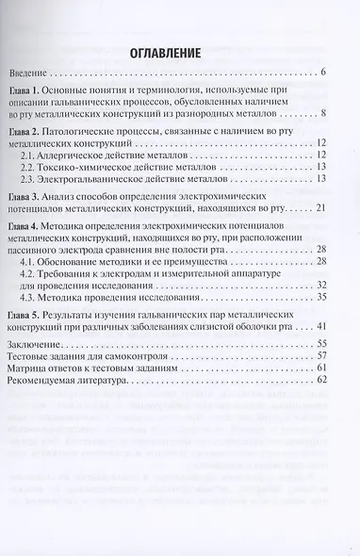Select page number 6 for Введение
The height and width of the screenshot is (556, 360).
pyautogui.click(x=322, y=73)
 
